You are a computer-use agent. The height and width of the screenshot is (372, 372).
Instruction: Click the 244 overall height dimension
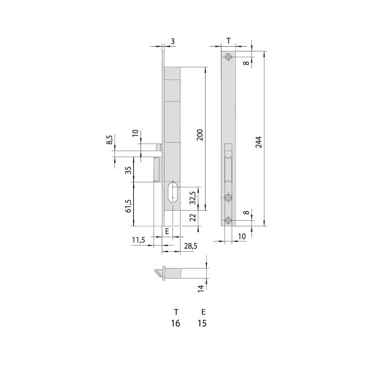coord(259,142)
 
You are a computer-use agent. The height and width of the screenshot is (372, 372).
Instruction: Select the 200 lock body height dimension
coord(200,135)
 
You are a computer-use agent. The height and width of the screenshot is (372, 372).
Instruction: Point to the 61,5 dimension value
coord(128,206)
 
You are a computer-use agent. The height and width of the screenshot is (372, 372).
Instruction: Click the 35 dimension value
coord(128,170)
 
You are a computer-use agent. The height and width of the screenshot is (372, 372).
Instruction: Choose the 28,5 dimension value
coord(190,246)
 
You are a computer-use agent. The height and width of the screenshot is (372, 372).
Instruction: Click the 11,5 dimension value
coord(138,240)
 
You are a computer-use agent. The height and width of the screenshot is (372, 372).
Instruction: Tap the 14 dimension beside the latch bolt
coord(201,288)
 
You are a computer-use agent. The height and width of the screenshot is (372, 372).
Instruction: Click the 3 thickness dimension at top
coord(173,41)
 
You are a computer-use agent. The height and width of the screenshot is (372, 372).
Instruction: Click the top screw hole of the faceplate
coord(228,57)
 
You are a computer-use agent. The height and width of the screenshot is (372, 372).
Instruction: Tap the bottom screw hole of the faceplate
coord(228,220)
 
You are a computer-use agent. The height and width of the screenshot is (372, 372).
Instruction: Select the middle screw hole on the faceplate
coord(228,198)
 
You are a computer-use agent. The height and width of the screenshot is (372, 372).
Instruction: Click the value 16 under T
coord(176,323)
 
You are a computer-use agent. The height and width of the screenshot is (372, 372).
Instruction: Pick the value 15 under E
coord(202,323)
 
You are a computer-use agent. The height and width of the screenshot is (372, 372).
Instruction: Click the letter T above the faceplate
coord(228,41)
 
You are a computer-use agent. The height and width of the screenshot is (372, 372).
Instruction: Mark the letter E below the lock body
coord(167,231)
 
